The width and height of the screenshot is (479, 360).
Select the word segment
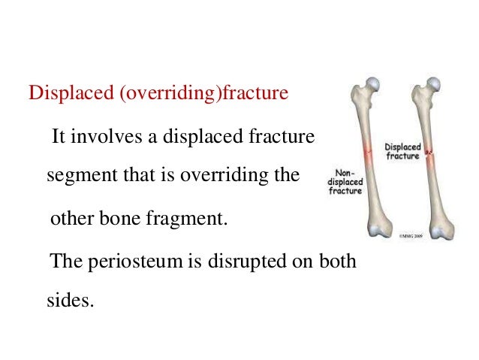(x=75, y=177)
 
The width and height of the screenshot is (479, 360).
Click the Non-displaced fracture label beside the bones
(x=345, y=182)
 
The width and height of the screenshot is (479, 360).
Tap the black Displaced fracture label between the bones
(x=403, y=150)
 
